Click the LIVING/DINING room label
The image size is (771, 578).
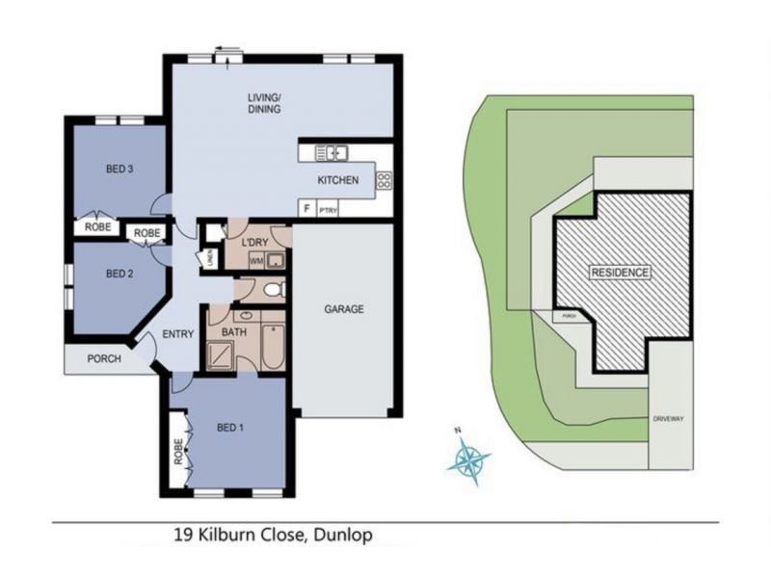pyautogui.click(x=262, y=103)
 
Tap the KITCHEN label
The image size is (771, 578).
pyautogui.click(x=338, y=180)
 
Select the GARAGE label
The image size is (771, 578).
pyautogui.click(x=343, y=309)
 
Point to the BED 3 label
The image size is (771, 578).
pyautogui.click(x=119, y=170)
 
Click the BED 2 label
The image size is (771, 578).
pyautogui.click(x=119, y=273)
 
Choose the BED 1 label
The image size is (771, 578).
pyautogui.click(x=230, y=427)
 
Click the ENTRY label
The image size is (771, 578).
pyautogui.click(x=180, y=334)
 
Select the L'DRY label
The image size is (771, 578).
pyautogui.click(x=254, y=241)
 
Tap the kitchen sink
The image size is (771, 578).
pyautogui.click(x=332, y=151)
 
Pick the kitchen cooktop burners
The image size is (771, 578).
pyautogui.click(x=383, y=179)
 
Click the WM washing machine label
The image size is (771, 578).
pyautogui.click(x=256, y=260)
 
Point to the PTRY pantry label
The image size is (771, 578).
pyautogui.click(x=330, y=207)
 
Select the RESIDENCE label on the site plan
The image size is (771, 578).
pyautogui.click(x=621, y=273)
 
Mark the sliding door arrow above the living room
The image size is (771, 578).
pyautogui.click(x=228, y=49)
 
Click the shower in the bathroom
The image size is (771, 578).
pyautogui.click(x=219, y=355)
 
